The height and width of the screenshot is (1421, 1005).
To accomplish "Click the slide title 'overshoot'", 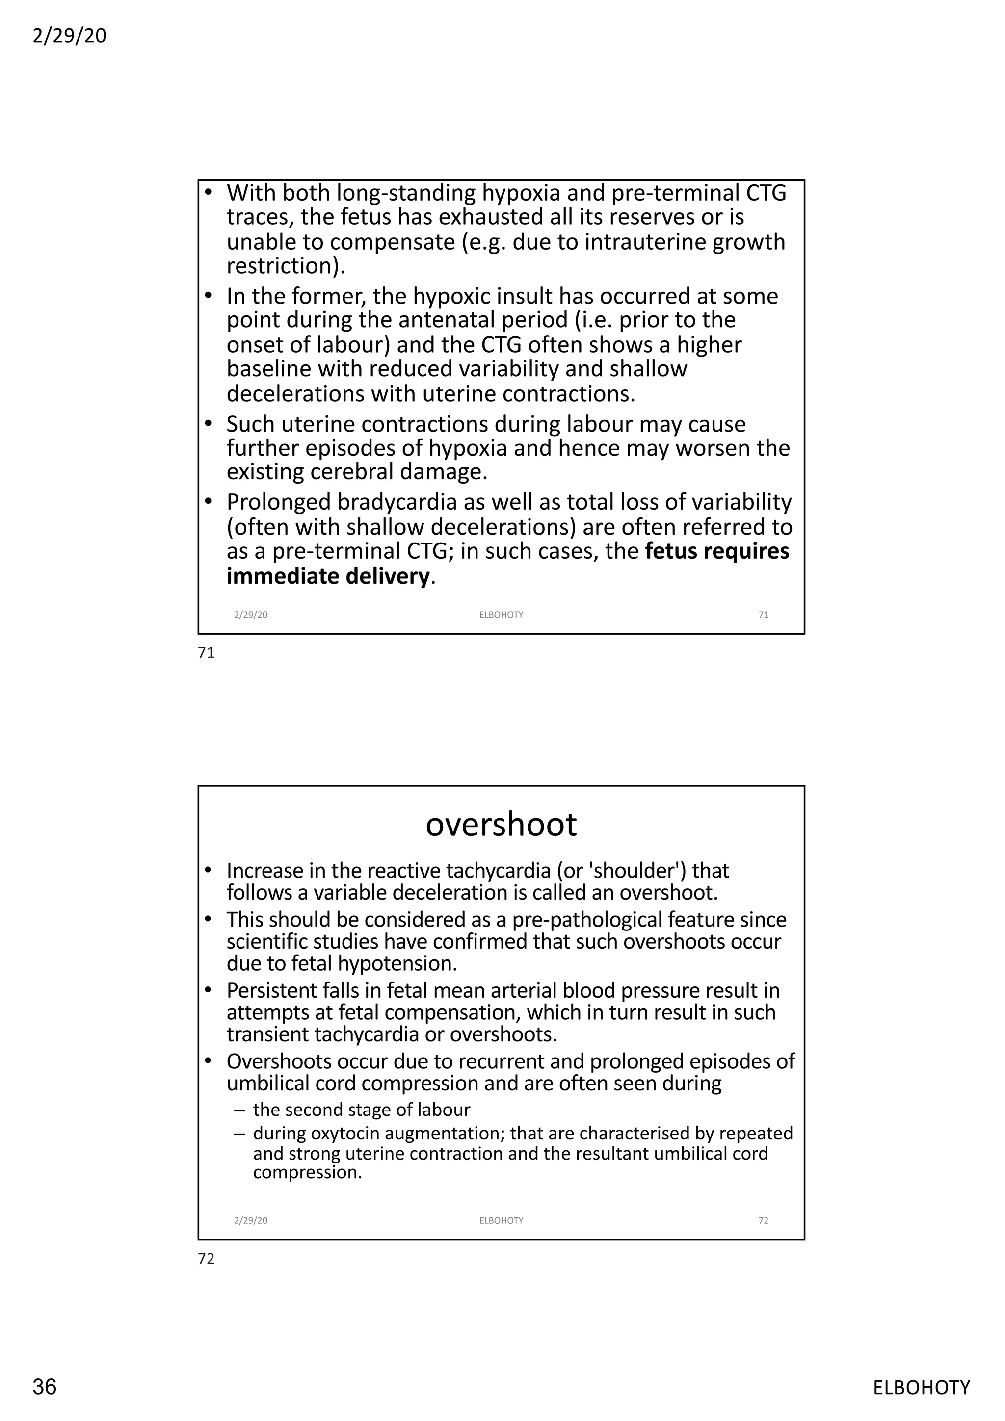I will [501, 825].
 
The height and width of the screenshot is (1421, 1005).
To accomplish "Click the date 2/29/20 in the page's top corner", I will [69, 36].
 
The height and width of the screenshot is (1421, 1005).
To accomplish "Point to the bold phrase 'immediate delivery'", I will [328, 576].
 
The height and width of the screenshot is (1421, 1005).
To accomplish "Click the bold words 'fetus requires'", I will [717, 551].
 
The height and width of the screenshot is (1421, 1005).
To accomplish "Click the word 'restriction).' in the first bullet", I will [286, 266].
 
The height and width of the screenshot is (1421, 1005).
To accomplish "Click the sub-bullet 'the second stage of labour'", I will [362, 1110].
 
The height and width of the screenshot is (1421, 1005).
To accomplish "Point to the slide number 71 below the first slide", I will [206, 653].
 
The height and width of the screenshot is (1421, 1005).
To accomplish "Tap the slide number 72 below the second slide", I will [206, 1259].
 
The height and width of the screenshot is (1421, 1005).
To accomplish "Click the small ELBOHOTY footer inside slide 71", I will [501, 615].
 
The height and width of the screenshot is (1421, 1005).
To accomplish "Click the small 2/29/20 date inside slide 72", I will [251, 1220].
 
